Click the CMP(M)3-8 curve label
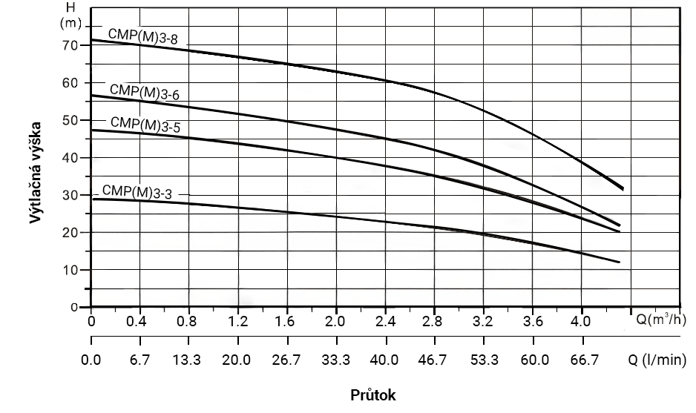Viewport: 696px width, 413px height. click(x=142, y=36)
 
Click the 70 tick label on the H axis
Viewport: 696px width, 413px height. click(x=71, y=45)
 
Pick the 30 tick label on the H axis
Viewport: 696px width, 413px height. click(x=71, y=195)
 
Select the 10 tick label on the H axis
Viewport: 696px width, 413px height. click(x=71, y=270)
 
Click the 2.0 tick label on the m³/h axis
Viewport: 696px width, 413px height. click(x=336, y=323)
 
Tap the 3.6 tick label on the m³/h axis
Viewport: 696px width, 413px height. click(x=532, y=323)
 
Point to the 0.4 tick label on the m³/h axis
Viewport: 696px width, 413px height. click(x=139, y=323)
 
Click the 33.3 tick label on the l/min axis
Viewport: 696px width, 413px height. click(x=336, y=361)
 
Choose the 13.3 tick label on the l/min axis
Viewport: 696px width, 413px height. click(x=188, y=361)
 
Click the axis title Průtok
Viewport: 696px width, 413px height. click(x=373, y=395)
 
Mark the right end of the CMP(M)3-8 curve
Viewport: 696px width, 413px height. click(x=622, y=188)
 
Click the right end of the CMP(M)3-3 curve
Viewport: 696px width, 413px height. click(x=619, y=262)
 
